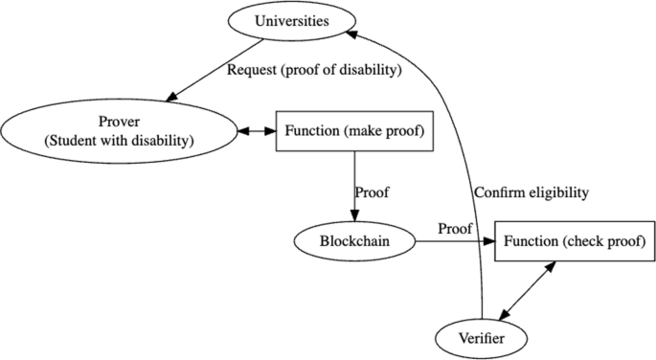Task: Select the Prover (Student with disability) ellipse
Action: tap(120, 131)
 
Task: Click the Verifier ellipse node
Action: tap(483, 337)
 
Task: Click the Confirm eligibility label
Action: tap(531, 192)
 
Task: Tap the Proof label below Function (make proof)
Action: tap(372, 191)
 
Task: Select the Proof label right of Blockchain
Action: tap(455, 229)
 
